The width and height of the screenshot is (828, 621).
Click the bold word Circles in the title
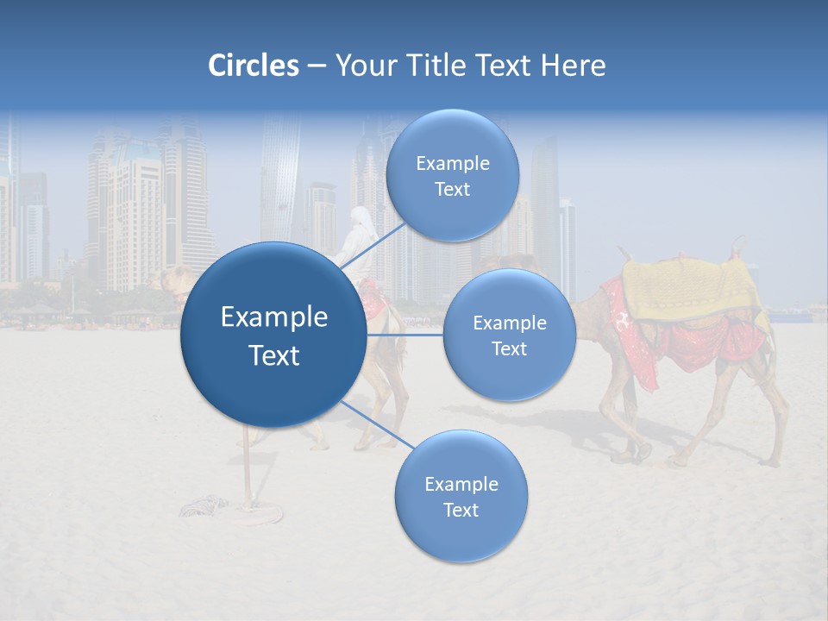coord(254,66)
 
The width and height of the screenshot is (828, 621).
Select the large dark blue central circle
coord(273,335)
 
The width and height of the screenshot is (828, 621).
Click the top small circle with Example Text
coord(453,175)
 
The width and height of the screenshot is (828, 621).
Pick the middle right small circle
coord(509,335)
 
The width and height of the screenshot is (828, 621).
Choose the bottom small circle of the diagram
coord(461,496)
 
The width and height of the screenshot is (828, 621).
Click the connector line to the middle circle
coord(405,334)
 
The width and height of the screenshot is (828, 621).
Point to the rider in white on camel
coord(358,233)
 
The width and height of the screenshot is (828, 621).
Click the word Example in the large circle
coord(273,317)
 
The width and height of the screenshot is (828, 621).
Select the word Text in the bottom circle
coord(461,510)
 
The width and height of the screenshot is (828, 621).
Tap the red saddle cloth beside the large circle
coord(374,298)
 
